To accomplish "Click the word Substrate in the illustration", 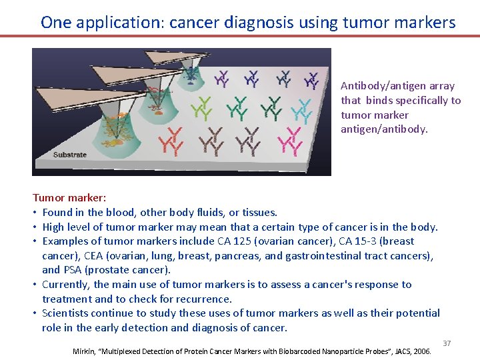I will (x=70, y=155).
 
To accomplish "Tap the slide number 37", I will (x=447, y=343).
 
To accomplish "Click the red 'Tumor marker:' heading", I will (x=69, y=198).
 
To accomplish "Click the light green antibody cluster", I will (x=201, y=106).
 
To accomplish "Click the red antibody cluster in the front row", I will (x=171, y=141).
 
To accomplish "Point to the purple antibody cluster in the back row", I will (x=221, y=79).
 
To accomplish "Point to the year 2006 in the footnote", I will (x=422, y=351).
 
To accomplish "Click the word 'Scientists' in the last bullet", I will (x=66, y=313).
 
